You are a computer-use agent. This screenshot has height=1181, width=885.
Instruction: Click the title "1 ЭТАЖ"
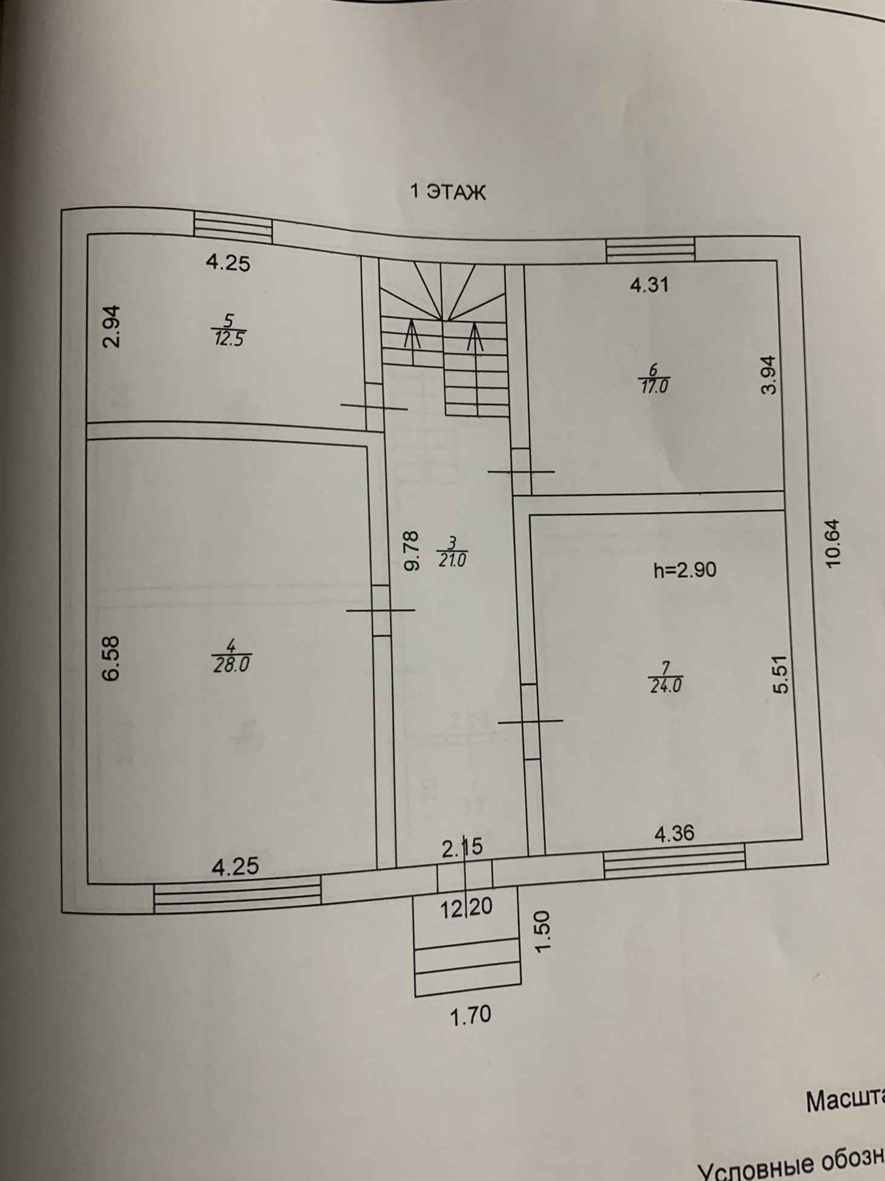(448, 192)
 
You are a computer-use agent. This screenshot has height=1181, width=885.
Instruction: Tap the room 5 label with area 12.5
(228, 329)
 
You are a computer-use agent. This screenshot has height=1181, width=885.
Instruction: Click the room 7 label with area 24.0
(665, 678)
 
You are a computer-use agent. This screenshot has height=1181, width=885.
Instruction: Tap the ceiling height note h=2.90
(685, 569)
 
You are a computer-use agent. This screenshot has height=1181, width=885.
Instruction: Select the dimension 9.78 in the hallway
(410, 551)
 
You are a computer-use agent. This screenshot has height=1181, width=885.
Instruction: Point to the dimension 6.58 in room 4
(112, 658)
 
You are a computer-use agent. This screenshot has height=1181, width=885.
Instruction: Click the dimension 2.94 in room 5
(112, 326)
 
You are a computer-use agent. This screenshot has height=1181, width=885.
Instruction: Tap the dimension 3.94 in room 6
(768, 375)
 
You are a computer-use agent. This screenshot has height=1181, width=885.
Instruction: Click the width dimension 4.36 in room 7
(675, 834)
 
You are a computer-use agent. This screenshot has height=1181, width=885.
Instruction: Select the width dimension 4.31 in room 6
(649, 285)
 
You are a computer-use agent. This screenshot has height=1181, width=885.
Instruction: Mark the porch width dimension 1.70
(471, 1014)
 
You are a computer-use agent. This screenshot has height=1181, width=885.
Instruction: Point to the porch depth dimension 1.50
(543, 931)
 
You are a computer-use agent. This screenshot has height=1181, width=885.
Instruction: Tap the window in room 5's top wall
(233, 227)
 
